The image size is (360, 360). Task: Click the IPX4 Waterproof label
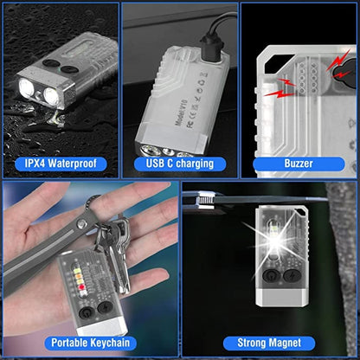pos(60,163)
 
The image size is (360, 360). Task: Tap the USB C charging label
pos(179,163)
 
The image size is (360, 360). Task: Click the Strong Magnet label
pos(269,344)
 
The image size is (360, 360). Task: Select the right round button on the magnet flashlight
pos(283,279)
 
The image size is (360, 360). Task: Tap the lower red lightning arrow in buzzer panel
pos(285,92)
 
